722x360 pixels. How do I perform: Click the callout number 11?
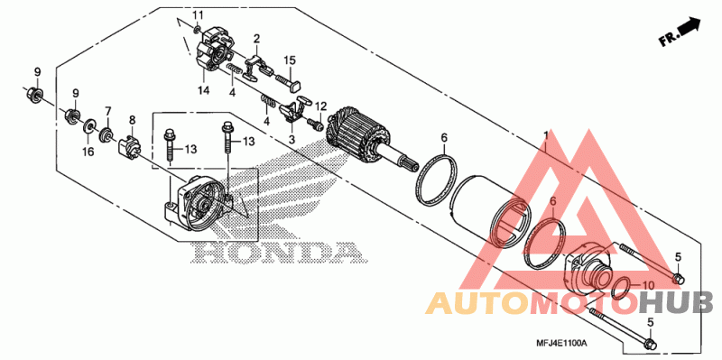click(x=197, y=14)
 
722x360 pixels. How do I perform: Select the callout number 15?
click(x=290, y=60)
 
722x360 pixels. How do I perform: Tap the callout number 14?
click(x=204, y=90)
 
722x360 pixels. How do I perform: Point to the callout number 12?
click(x=320, y=106)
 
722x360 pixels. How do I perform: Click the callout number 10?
click(x=647, y=286)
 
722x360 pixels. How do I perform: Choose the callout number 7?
click(x=108, y=111)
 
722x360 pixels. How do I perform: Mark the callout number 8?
click(x=133, y=120)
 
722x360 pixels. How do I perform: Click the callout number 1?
click(x=546, y=136)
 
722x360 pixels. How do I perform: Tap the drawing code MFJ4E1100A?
click(x=562, y=344)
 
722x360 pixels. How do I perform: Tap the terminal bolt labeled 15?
click(x=288, y=82)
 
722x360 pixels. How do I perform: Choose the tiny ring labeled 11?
click(x=197, y=30)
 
